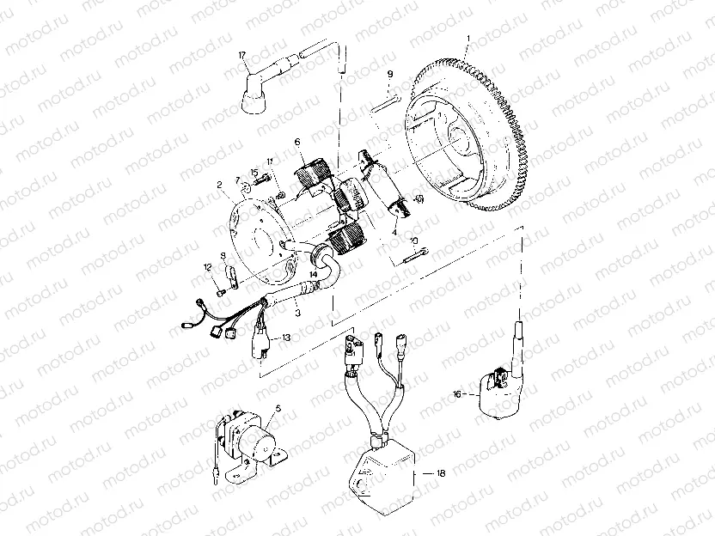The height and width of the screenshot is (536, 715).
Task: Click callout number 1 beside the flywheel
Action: pos(467,40)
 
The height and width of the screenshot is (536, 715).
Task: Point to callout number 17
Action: pos(243,55)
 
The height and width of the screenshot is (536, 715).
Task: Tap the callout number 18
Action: pos(442,473)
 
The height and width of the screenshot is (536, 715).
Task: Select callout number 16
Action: pos(457,393)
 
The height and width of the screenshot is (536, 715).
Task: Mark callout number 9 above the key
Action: pos(389,75)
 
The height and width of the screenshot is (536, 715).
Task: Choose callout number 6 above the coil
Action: pos(297,143)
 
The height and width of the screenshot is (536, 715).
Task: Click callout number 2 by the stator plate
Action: pos(220,184)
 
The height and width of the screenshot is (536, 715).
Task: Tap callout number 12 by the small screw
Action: pos(207,267)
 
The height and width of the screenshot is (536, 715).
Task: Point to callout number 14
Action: pos(315,275)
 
